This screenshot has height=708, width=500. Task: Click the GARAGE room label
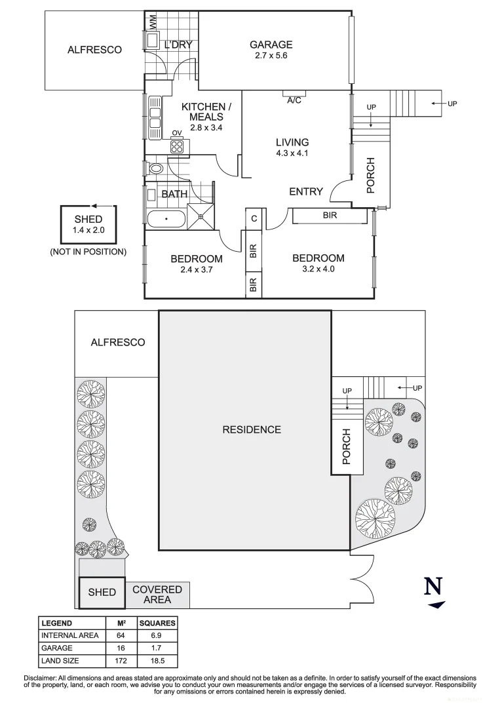pos(271,45)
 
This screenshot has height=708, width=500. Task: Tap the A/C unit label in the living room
pos(294,100)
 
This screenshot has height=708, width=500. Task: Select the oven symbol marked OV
pos(177,146)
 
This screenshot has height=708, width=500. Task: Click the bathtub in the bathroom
pos(166,219)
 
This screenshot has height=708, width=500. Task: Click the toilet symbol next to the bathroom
pos(156,168)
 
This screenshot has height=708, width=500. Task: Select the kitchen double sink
pos(155,117)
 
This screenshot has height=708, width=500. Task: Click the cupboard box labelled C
pos(253,219)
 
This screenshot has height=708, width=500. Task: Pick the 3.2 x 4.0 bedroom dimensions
pos(318,269)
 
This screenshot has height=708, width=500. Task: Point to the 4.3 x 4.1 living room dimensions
pos(292,153)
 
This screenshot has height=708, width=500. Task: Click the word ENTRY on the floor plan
pos(306,191)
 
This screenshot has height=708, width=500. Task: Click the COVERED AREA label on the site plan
pos(157,595)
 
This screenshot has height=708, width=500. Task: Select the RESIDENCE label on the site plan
pos(252,429)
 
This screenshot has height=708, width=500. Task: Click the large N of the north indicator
pos(433,585)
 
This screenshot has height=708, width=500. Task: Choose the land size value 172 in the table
pos(121,660)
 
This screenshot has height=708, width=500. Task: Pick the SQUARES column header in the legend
pos(157,623)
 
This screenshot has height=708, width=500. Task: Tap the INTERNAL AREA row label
pos(70,635)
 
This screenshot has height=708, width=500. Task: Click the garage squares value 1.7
pos(157,648)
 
